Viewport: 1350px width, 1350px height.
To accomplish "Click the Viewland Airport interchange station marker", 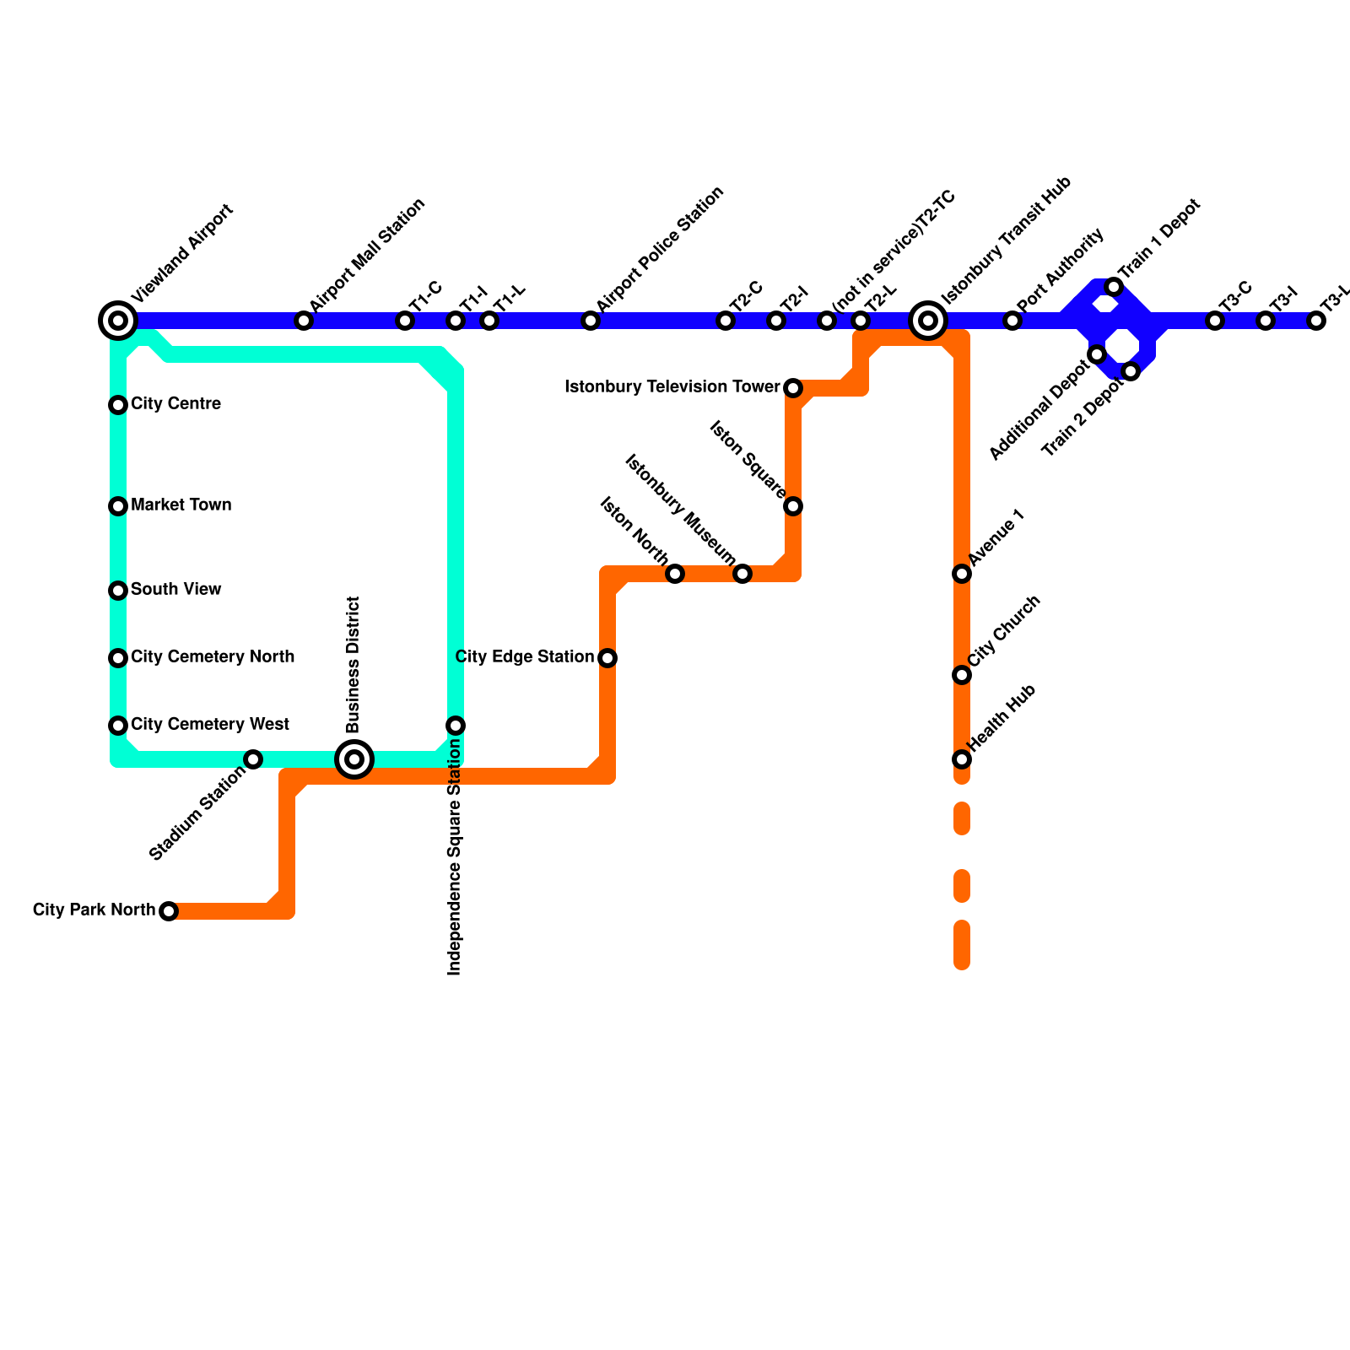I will (118, 321).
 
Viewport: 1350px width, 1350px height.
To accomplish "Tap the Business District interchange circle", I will (354, 759).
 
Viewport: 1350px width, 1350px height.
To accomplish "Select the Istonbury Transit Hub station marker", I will (928, 321).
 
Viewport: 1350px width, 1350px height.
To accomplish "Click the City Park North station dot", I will (169, 911).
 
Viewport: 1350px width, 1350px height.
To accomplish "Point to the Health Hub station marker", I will (962, 759).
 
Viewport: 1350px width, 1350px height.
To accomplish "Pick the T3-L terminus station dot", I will (1316, 321).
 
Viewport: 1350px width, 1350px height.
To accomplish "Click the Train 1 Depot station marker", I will (1114, 287).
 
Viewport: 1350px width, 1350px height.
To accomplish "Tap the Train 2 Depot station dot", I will (1131, 371).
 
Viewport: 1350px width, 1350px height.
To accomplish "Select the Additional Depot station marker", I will (1096, 354).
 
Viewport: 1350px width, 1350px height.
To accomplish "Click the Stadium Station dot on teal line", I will (253, 759).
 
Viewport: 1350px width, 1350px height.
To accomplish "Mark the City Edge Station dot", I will (607, 658).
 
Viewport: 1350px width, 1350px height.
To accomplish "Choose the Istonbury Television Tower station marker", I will (793, 388).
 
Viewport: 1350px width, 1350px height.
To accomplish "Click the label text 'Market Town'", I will (181, 505).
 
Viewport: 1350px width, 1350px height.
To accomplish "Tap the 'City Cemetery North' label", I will (213, 657).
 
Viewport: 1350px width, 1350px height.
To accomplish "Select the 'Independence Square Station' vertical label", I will (455, 856).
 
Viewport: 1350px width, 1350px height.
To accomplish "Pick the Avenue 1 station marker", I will (962, 574).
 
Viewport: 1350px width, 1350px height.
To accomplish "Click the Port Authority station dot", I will (1012, 321).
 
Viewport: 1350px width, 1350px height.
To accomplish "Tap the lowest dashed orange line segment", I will (962, 945).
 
